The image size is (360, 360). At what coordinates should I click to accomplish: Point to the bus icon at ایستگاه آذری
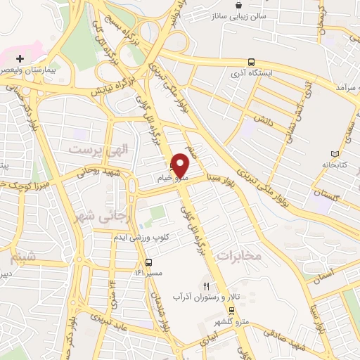[251, 62]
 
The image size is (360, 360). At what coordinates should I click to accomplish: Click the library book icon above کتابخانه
[334, 154]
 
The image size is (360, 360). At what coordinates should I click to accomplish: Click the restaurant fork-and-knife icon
[206, 286]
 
